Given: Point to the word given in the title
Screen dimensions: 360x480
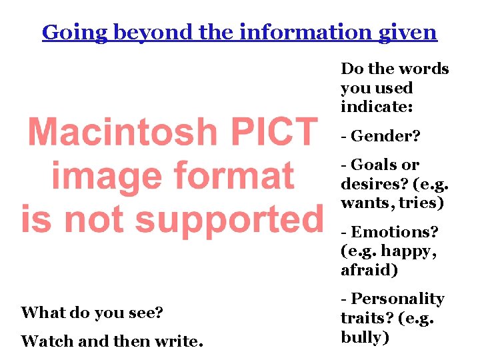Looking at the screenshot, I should tap(408, 32).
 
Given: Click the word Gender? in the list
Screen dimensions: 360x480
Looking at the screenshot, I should tap(385, 136).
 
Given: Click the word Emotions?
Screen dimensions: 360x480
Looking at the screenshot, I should tap(395, 232).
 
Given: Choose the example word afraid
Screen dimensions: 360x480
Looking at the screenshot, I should tap(368, 270).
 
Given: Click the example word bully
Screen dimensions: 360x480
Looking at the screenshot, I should tap(364, 337).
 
